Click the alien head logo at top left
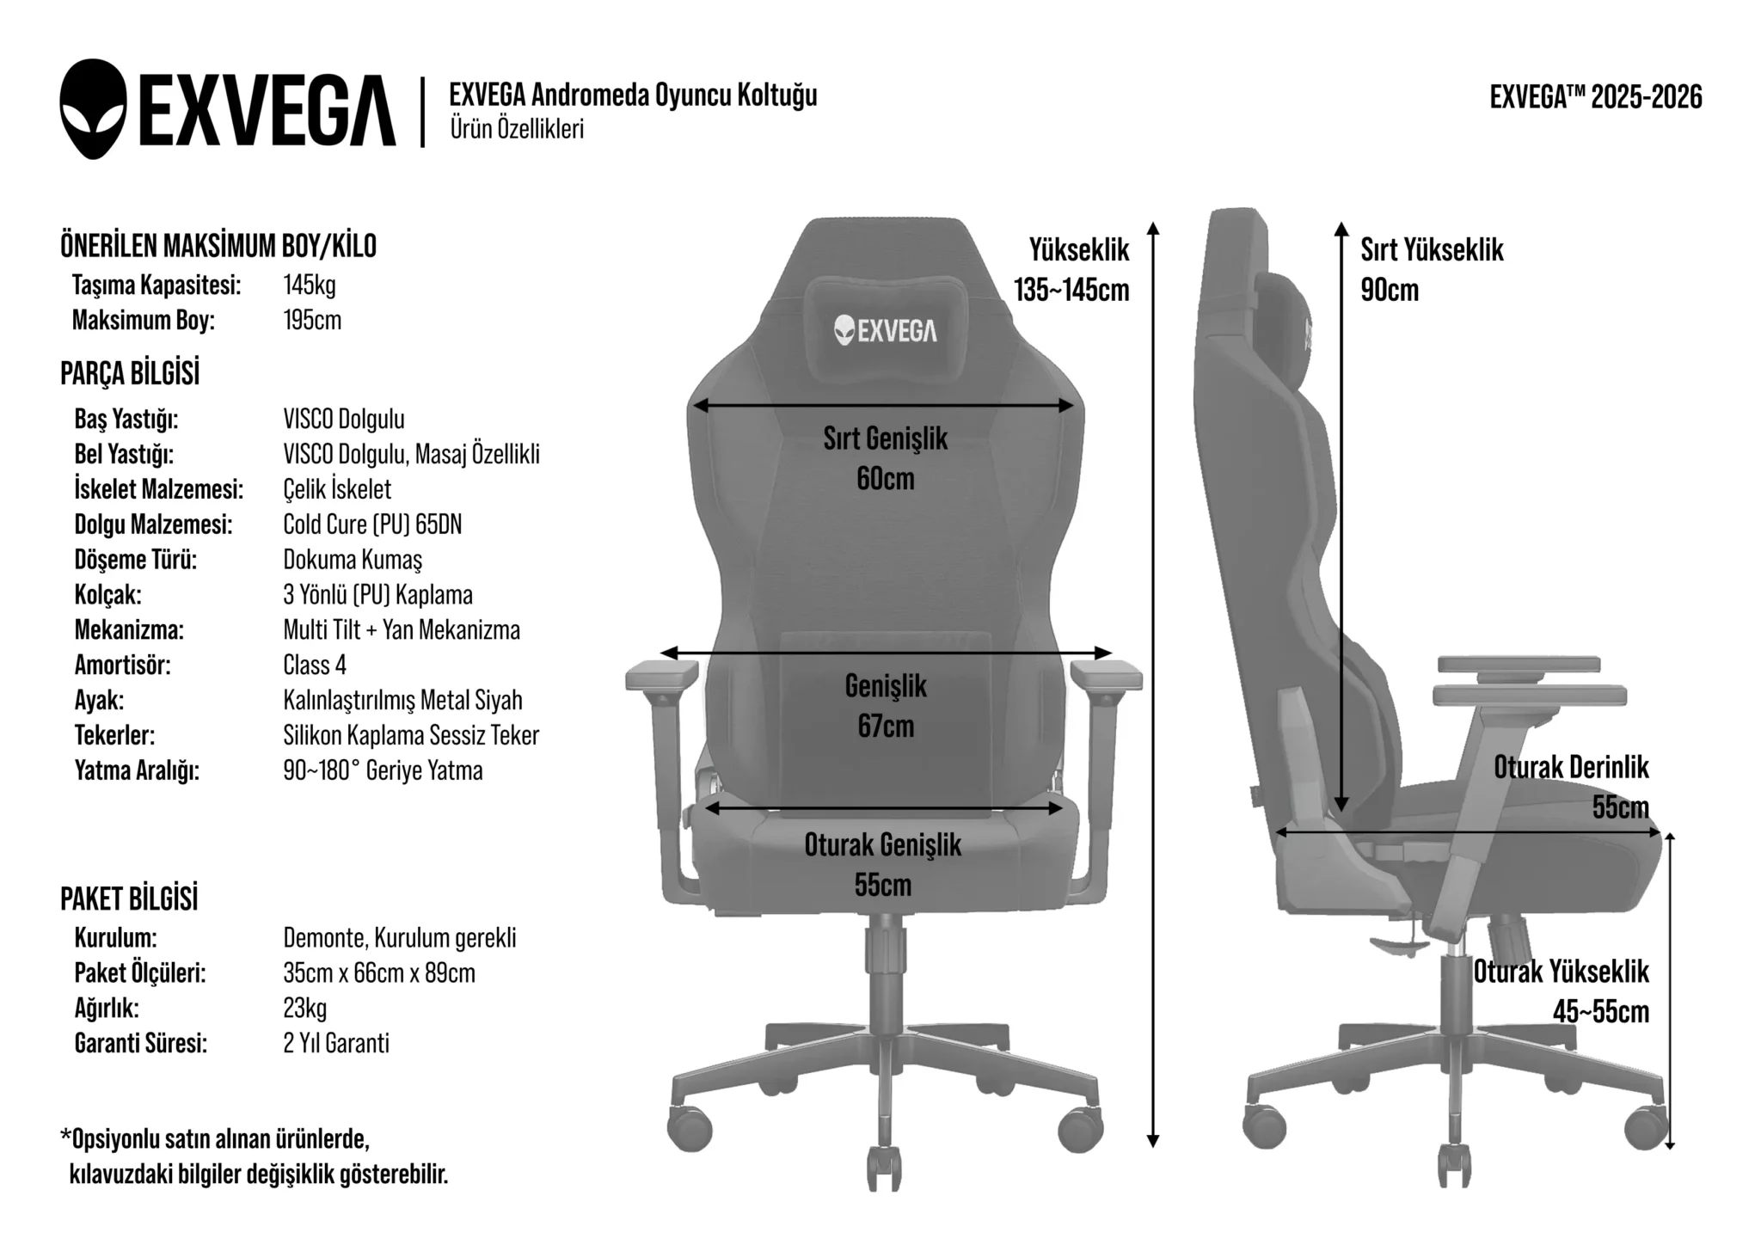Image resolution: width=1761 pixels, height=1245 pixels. point(93,109)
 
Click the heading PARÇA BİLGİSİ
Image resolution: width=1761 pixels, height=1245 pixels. point(130,374)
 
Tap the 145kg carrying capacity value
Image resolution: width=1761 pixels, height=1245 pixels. point(310,285)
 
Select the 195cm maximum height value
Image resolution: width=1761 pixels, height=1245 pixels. point(312,321)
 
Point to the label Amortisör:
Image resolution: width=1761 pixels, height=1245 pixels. point(123,665)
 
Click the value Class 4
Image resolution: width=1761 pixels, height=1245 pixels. point(315,665)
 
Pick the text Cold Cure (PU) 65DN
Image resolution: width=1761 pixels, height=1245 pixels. point(372,524)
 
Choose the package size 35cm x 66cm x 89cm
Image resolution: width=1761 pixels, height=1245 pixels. point(379,973)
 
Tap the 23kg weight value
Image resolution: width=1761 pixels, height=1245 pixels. point(305,1009)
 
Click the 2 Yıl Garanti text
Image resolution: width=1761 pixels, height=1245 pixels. point(336,1044)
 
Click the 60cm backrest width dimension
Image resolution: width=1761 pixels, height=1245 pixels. point(886,479)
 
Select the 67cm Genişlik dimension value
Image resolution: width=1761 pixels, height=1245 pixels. point(886,727)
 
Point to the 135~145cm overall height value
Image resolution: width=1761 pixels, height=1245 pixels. point(1071,291)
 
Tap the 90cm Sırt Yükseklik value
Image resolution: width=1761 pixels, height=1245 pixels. point(1390,291)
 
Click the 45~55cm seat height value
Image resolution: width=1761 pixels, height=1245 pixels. point(1601,1012)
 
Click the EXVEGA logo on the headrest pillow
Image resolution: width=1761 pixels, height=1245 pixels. point(886,330)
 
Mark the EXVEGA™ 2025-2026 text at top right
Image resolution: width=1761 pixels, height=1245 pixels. point(1596,97)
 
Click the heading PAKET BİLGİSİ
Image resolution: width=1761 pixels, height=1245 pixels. point(129,899)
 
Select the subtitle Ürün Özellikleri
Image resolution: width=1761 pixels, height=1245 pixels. point(517,129)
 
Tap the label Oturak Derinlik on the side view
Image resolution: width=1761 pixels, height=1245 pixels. point(1571,768)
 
